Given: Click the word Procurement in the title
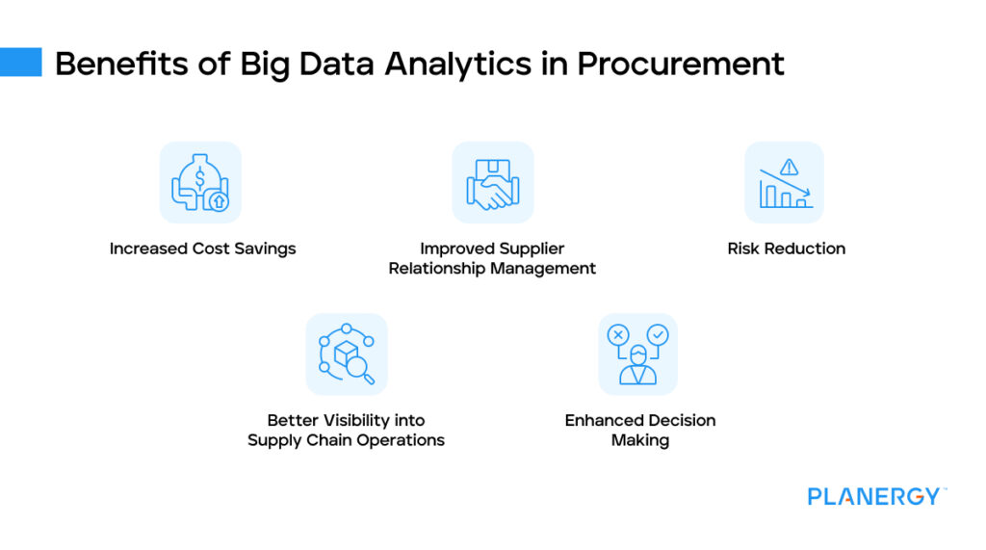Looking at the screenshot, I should coord(681,64).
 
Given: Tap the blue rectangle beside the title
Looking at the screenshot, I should coord(20,62).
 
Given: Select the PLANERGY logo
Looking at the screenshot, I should coord(875,497).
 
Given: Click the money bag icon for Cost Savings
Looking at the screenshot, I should coord(200,182).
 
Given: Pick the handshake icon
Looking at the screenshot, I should coord(492,183).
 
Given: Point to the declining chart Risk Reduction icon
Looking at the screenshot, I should coord(785,183).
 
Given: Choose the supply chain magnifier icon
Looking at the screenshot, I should coord(347,354).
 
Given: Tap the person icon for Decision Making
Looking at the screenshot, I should coord(637,354).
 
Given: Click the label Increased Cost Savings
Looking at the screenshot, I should coord(202,249).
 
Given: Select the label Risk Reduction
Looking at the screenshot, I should coord(786,249).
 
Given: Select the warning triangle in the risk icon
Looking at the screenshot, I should coord(790,167).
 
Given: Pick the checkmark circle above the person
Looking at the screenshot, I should coord(658,334).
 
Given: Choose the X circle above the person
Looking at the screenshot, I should coord(617,334).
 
